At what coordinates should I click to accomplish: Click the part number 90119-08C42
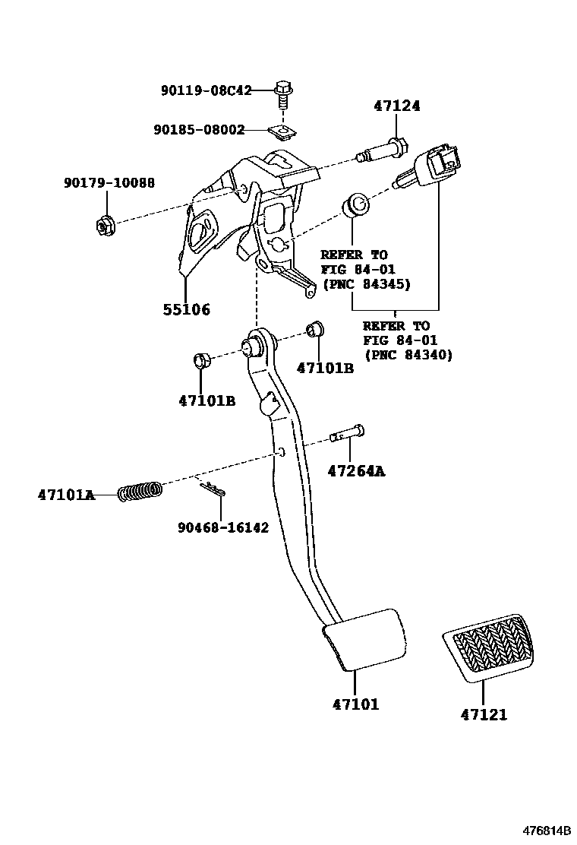click(x=207, y=90)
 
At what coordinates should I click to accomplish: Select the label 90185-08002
click(x=199, y=129)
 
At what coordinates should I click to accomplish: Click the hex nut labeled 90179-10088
click(x=105, y=224)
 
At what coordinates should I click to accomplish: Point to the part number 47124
click(x=397, y=106)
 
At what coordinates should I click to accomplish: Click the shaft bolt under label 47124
click(x=383, y=150)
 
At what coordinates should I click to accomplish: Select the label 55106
click(x=187, y=309)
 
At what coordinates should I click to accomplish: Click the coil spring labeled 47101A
click(x=140, y=491)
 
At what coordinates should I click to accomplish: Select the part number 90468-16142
click(x=223, y=527)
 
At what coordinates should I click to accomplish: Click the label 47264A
click(x=356, y=472)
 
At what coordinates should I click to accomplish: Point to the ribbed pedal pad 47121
click(x=488, y=647)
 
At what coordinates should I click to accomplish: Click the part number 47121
click(x=484, y=714)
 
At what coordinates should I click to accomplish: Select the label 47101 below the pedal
click(x=356, y=704)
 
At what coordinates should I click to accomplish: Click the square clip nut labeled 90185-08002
click(x=282, y=132)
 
